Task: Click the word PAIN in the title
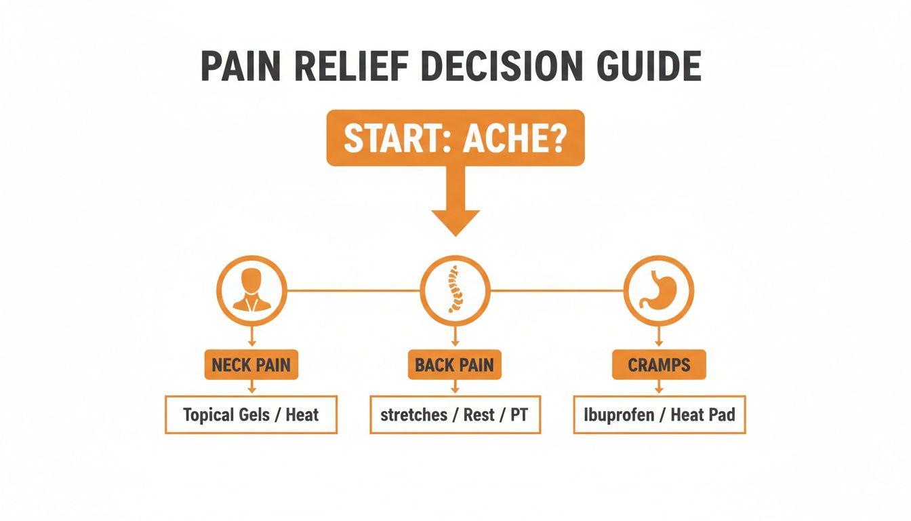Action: point(247,66)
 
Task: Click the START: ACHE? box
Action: point(455,138)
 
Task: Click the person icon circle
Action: point(251,290)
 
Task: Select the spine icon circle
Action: point(455,290)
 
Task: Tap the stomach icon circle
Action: point(658,290)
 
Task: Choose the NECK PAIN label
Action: point(251,365)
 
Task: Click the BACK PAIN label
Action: point(454,365)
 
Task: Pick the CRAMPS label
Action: point(658,365)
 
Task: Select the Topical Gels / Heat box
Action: point(251,414)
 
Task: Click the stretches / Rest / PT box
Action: point(455,414)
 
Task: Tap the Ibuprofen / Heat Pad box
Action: point(659,414)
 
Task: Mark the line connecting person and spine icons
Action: point(353,290)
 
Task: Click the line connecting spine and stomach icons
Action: point(556,290)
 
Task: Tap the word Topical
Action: point(207,415)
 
